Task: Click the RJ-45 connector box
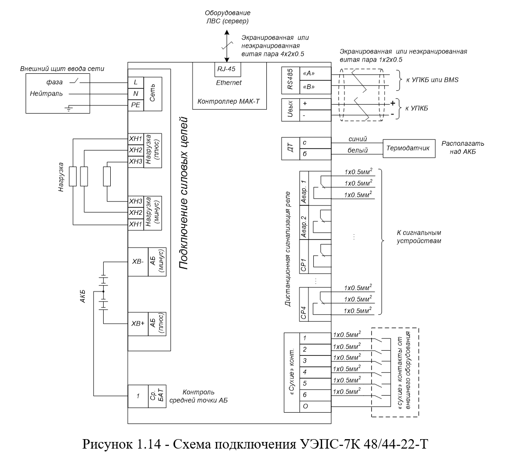click(227, 69)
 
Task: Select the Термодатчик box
click(409, 148)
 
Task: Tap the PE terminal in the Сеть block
click(136, 106)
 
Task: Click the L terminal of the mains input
click(136, 82)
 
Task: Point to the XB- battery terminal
click(138, 262)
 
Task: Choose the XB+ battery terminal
click(138, 324)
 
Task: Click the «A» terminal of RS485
click(315, 74)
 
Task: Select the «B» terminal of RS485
click(315, 87)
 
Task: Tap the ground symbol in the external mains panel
click(69, 108)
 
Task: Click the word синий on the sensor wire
click(358, 139)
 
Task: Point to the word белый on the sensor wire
click(358, 150)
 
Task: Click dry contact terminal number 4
click(315, 372)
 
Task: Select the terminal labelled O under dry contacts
click(315, 406)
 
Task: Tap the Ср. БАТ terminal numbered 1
click(138, 396)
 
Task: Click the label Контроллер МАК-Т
click(229, 101)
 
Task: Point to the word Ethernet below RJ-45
click(229, 83)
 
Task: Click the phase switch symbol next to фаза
click(75, 80)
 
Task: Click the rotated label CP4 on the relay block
click(304, 313)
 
